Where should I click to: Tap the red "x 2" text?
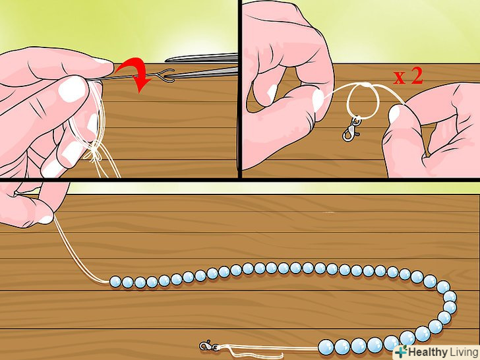[x=408, y=76]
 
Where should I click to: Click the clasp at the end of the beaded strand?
[x=208, y=345]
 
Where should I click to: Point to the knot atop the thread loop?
[x=367, y=85]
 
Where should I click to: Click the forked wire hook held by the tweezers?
[x=165, y=76]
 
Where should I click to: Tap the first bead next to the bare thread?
[x=115, y=282]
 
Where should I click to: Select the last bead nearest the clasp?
[x=325, y=346]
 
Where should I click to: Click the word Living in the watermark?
[x=463, y=352]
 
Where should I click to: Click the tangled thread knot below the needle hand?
[x=94, y=153]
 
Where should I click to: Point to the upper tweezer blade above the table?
[x=202, y=58]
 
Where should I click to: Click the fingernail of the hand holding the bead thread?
[x=46, y=219]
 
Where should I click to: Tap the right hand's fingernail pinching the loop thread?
[x=394, y=113]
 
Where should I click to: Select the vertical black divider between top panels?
[x=240, y=89]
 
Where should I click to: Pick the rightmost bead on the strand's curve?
[x=450, y=297]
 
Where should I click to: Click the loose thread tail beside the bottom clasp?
[x=251, y=351]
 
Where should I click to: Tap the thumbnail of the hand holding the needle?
[x=73, y=89]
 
